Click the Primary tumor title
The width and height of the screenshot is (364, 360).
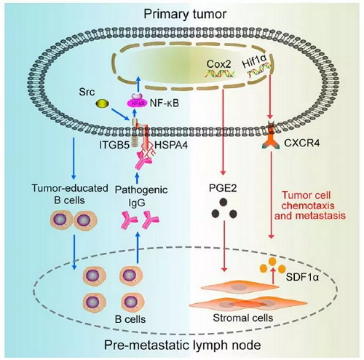tap(185, 14)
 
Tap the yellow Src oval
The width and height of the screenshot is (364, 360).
tap(102, 104)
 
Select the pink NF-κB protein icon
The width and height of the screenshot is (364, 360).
tap(138, 101)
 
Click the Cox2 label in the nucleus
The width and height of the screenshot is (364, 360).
tap(219, 64)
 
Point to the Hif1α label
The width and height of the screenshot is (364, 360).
tap(254, 64)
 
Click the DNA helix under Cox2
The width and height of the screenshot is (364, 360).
tap(221, 73)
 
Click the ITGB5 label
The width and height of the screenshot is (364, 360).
tap(114, 145)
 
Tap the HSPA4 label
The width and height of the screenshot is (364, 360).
tap(171, 145)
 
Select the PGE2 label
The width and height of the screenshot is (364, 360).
tap(223, 189)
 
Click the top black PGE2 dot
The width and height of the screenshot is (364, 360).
tap(223, 202)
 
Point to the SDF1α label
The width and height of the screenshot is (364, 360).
tap(302, 277)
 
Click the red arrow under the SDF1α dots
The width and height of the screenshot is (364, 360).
tap(274, 276)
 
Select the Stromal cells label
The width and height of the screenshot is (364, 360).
tap(243, 318)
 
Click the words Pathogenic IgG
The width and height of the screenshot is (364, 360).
tap(141, 196)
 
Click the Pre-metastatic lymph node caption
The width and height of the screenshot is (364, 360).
tap(183, 345)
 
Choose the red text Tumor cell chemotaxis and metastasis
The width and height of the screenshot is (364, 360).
tap(310, 206)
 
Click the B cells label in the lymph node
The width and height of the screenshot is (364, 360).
tap(130, 319)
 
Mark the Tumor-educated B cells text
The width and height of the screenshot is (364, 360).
tap(70, 195)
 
